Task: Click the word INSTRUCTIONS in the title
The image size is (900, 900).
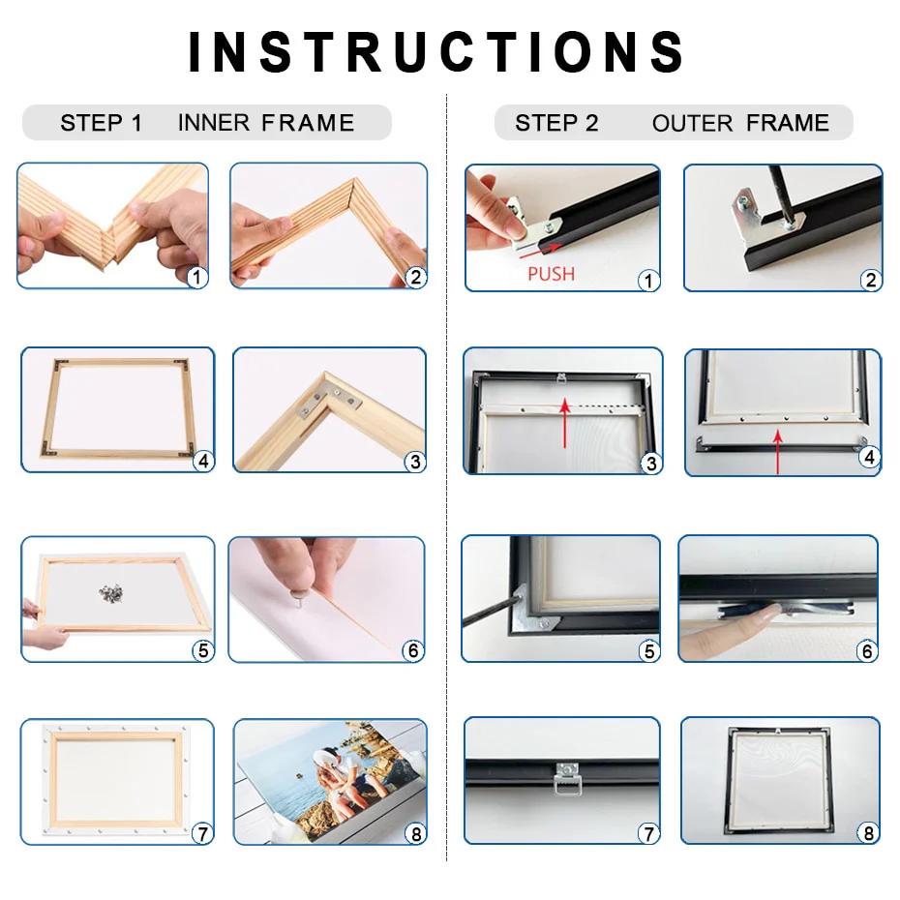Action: click(x=437, y=52)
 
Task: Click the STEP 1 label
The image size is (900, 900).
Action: click(x=101, y=123)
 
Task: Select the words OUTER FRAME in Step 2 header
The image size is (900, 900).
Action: click(x=740, y=123)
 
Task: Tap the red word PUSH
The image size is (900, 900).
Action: click(x=551, y=274)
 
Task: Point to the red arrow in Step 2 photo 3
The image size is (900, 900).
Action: click(x=563, y=426)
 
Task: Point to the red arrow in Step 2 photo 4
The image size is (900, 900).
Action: click(x=778, y=453)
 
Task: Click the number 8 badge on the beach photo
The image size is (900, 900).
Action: click(x=414, y=832)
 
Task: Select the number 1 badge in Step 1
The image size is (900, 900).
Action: click(x=197, y=277)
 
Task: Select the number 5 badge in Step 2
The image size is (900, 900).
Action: click(x=649, y=651)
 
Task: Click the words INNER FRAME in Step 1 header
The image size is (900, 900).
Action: click(x=266, y=123)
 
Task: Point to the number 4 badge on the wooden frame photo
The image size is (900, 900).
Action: click(x=202, y=461)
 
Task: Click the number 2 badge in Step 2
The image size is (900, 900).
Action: click(x=870, y=280)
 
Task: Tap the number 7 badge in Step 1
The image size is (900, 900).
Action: click(x=201, y=832)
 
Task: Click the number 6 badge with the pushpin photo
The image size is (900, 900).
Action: click(x=413, y=650)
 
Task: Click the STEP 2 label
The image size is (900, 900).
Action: click(x=556, y=123)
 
